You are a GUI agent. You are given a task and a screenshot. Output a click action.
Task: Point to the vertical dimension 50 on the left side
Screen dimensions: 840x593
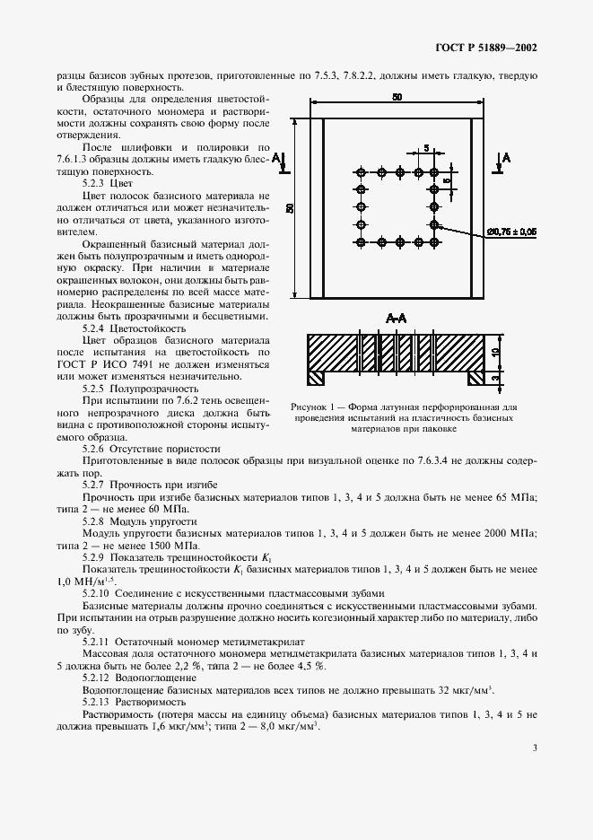click(290, 207)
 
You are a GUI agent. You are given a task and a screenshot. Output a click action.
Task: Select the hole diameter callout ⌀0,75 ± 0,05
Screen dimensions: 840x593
click(511, 232)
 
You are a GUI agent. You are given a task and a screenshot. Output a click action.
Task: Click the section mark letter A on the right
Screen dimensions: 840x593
click(507, 157)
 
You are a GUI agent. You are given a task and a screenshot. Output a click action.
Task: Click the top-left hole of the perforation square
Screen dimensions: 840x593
click(362, 172)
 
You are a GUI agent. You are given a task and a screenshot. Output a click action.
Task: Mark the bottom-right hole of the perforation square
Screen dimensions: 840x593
click(434, 242)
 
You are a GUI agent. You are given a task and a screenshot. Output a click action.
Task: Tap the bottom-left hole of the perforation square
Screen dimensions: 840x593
click(362, 242)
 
